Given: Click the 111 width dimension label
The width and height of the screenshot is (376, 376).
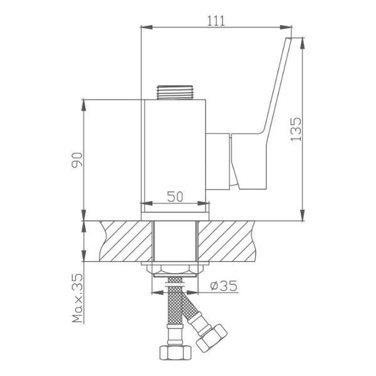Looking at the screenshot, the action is [x=216, y=21].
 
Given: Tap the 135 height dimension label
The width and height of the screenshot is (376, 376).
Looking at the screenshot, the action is [x=296, y=129].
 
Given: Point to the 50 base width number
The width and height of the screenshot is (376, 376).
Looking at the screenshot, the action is [x=175, y=197].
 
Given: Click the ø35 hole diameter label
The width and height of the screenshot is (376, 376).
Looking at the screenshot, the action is [x=224, y=286].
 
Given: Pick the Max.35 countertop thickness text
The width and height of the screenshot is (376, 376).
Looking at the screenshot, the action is [x=77, y=298].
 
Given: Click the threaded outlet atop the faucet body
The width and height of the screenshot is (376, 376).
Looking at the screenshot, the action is [x=175, y=92].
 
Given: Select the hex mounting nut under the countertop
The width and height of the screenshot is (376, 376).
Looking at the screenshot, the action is [x=175, y=269].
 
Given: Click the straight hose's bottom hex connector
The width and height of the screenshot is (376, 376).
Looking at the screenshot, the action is [x=175, y=352].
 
